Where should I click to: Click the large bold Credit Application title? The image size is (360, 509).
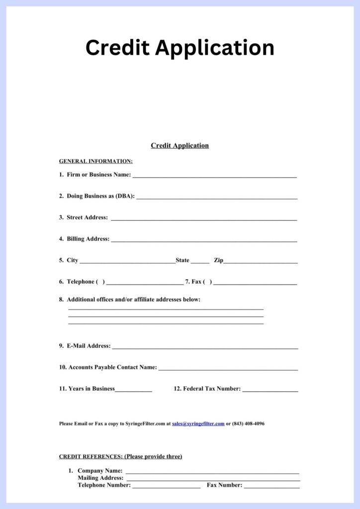pyautogui.click(x=180, y=48)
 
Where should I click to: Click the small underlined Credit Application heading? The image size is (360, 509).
pyautogui.click(x=180, y=146)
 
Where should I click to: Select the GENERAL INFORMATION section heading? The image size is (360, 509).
pyautogui.click(x=96, y=161)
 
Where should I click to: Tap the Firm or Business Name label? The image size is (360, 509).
pyautogui.click(x=98, y=174)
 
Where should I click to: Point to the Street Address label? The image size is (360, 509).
pyautogui.click(x=87, y=217)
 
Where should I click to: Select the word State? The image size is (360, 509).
pyautogui.click(x=182, y=260)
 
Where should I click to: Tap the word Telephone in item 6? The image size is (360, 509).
pyautogui.click(x=81, y=282)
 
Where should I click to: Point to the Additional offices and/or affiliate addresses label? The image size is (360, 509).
pyautogui.click(x=133, y=299)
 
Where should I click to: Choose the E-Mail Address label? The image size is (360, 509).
pyautogui.click(x=89, y=345)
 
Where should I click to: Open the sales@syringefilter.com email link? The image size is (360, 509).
pyautogui.click(x=198, y=424)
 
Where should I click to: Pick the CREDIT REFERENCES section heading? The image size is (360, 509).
pyautogui.click(x=120, y=456)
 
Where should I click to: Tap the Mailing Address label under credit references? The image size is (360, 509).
pyautogui.click(x=100, y=478)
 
